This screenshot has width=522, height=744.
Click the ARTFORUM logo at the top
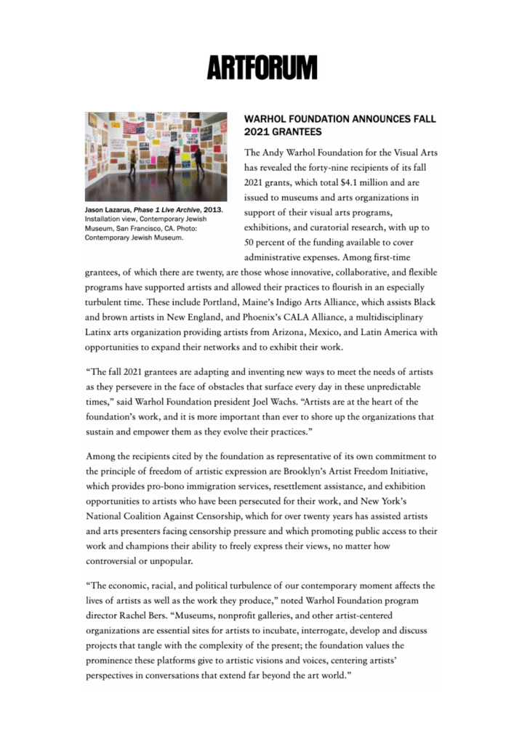tap(262, 67)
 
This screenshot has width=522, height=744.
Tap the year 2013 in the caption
tap(212, 210)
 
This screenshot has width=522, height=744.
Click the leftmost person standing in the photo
tap(133, 163)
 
